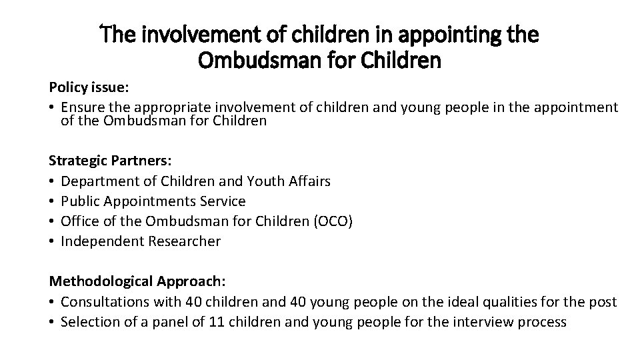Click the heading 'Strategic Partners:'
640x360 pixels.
(x=100, y=161)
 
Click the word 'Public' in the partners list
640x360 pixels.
(x=79, y=201)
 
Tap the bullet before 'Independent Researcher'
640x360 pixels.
(x=52, y=241)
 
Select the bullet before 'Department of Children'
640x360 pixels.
(x=52, y=181)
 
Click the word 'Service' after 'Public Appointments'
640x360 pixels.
(x=222, y=201)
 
